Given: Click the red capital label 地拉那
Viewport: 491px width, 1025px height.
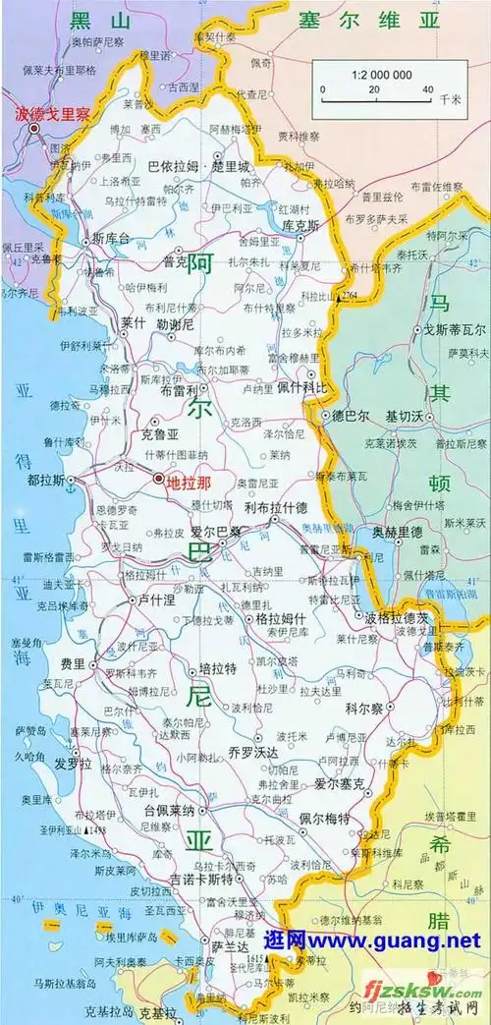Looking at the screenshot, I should coord(189,482).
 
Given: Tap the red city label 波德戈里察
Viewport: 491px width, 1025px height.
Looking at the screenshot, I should coord(51,113).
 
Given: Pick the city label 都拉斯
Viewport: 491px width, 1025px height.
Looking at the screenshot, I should coord(46,481).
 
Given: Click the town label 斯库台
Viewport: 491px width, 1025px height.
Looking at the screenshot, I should coord(111,238).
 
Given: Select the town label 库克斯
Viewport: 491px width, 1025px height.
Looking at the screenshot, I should coord(302,225).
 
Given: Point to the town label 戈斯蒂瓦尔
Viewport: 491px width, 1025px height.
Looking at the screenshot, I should coord(450,331).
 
